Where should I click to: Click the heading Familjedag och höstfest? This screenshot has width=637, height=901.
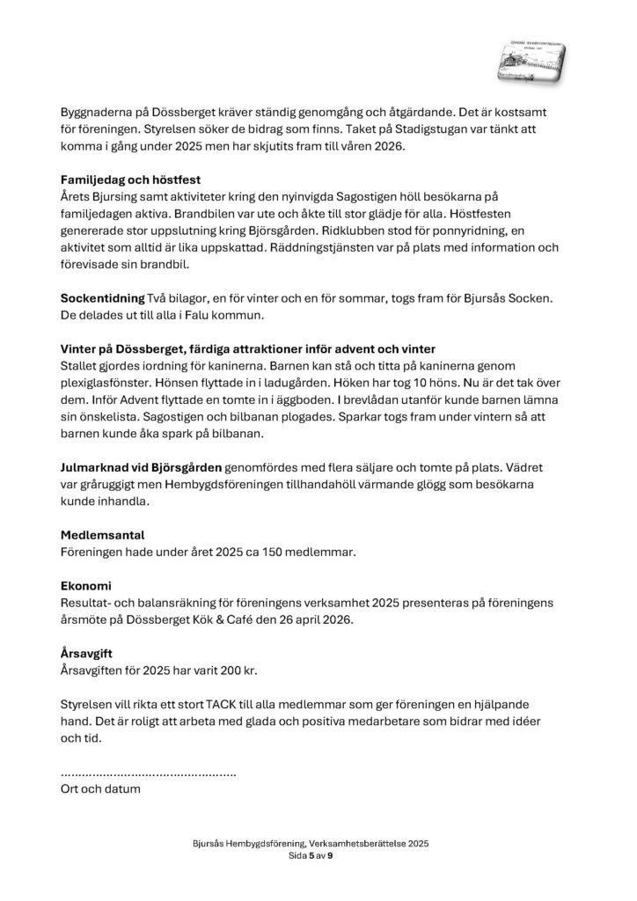[131, 179]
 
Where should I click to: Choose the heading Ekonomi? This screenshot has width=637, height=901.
[86, 584]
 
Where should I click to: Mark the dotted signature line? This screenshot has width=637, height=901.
[148, 772]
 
